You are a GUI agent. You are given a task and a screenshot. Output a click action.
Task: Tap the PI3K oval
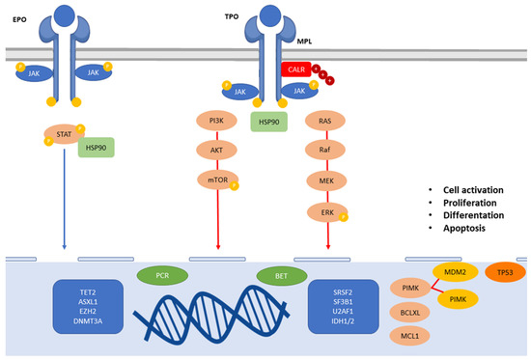[x=218, y=121]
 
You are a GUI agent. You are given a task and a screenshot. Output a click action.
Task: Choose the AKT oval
[x=218, y=151]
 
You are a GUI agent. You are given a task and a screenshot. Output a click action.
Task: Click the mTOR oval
[x=218, y=180]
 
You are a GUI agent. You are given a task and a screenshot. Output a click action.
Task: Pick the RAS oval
[x=326, y=121]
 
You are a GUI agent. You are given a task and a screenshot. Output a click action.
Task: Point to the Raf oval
[x=326, y=151]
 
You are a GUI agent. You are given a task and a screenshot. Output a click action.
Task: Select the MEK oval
[x=326, y=180]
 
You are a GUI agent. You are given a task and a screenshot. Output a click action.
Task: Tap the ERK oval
[x=326, y=210]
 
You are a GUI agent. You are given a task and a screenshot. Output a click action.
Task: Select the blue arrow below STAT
[x=64, y=203]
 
